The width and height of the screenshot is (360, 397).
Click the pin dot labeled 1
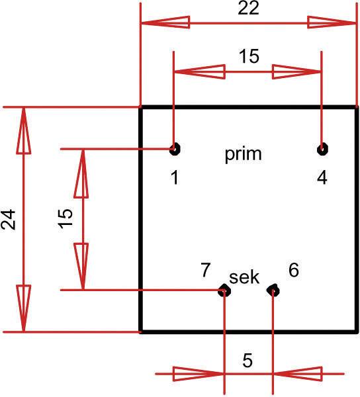[x=175, y=149]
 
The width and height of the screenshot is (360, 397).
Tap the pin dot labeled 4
[x=322, y=149]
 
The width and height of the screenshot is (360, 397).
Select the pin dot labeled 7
[x=225, y=290]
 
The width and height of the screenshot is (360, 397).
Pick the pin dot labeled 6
[x=273, y=290]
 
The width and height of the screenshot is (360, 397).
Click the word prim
[x=244, y=155]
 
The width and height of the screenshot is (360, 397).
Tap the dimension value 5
[x=247, y=361]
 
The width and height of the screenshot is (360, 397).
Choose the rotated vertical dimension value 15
[x=65, y=218]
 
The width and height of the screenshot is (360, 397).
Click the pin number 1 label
[x=174, y=178]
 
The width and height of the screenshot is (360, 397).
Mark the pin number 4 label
[x=322, y=178]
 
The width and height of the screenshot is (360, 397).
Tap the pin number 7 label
[x=206, y=269]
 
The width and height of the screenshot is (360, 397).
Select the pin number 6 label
[x=294, y=269]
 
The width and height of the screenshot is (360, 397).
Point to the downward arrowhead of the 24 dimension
[x=24, y=308]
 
